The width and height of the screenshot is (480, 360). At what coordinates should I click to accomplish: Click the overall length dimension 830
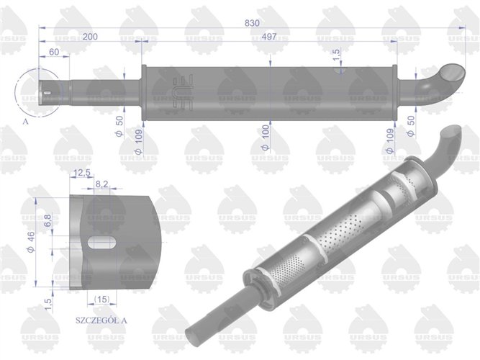(x=252, y=23)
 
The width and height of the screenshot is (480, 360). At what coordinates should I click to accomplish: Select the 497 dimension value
(x=268, y=36)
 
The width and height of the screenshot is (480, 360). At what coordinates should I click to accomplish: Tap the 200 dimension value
(x=91, y=36)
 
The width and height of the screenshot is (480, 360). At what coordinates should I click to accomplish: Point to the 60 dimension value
(x=53, y=53)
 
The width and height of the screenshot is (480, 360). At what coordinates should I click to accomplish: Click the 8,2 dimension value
(x=101, y=185)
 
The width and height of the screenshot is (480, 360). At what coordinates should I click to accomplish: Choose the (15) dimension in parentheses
(x=101, y=299)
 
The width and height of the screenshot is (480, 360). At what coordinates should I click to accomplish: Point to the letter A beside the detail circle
(x=26, y=122)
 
